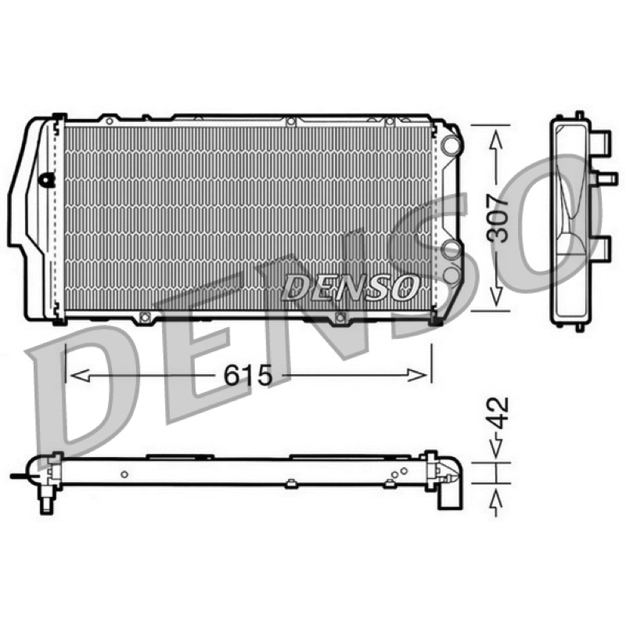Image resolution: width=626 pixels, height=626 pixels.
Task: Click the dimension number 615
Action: pyautogui.click(x=247, y=376)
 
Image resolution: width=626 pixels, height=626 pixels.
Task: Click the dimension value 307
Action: pyautogui.click(x=497, y=218)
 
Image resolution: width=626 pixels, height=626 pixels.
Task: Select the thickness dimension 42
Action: pyautogui.click(x=498, y=413)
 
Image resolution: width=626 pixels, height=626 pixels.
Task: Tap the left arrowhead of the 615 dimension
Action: pyautogui.click(x=80, y=376)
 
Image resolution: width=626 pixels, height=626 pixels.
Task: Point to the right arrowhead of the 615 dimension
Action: pyautogui.click(x=417, y=376)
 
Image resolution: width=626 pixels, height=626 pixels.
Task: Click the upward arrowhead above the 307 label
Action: pyautogui.click(x=496, y=140)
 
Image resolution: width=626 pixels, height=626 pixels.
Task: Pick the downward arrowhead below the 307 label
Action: pyautogui.click(x=496, y=297)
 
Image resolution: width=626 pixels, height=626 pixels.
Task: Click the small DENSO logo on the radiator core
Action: pyautogui.click(x=351, y=287)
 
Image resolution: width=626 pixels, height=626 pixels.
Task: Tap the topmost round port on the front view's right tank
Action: pyautogui.click(x=452, y=144)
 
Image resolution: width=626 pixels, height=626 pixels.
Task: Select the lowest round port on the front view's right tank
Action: pyautogui.click(x=452, y=275)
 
